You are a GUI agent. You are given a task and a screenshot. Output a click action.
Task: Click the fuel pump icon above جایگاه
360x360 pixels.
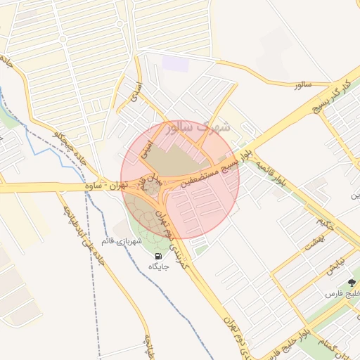tap(157, 256)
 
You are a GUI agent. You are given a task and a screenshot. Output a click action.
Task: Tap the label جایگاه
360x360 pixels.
tap(157, 267)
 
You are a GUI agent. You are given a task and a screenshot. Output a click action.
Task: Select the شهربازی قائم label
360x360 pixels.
tap(122, 241)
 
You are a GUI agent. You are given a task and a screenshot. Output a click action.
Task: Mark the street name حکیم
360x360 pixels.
tap(323, 224)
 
